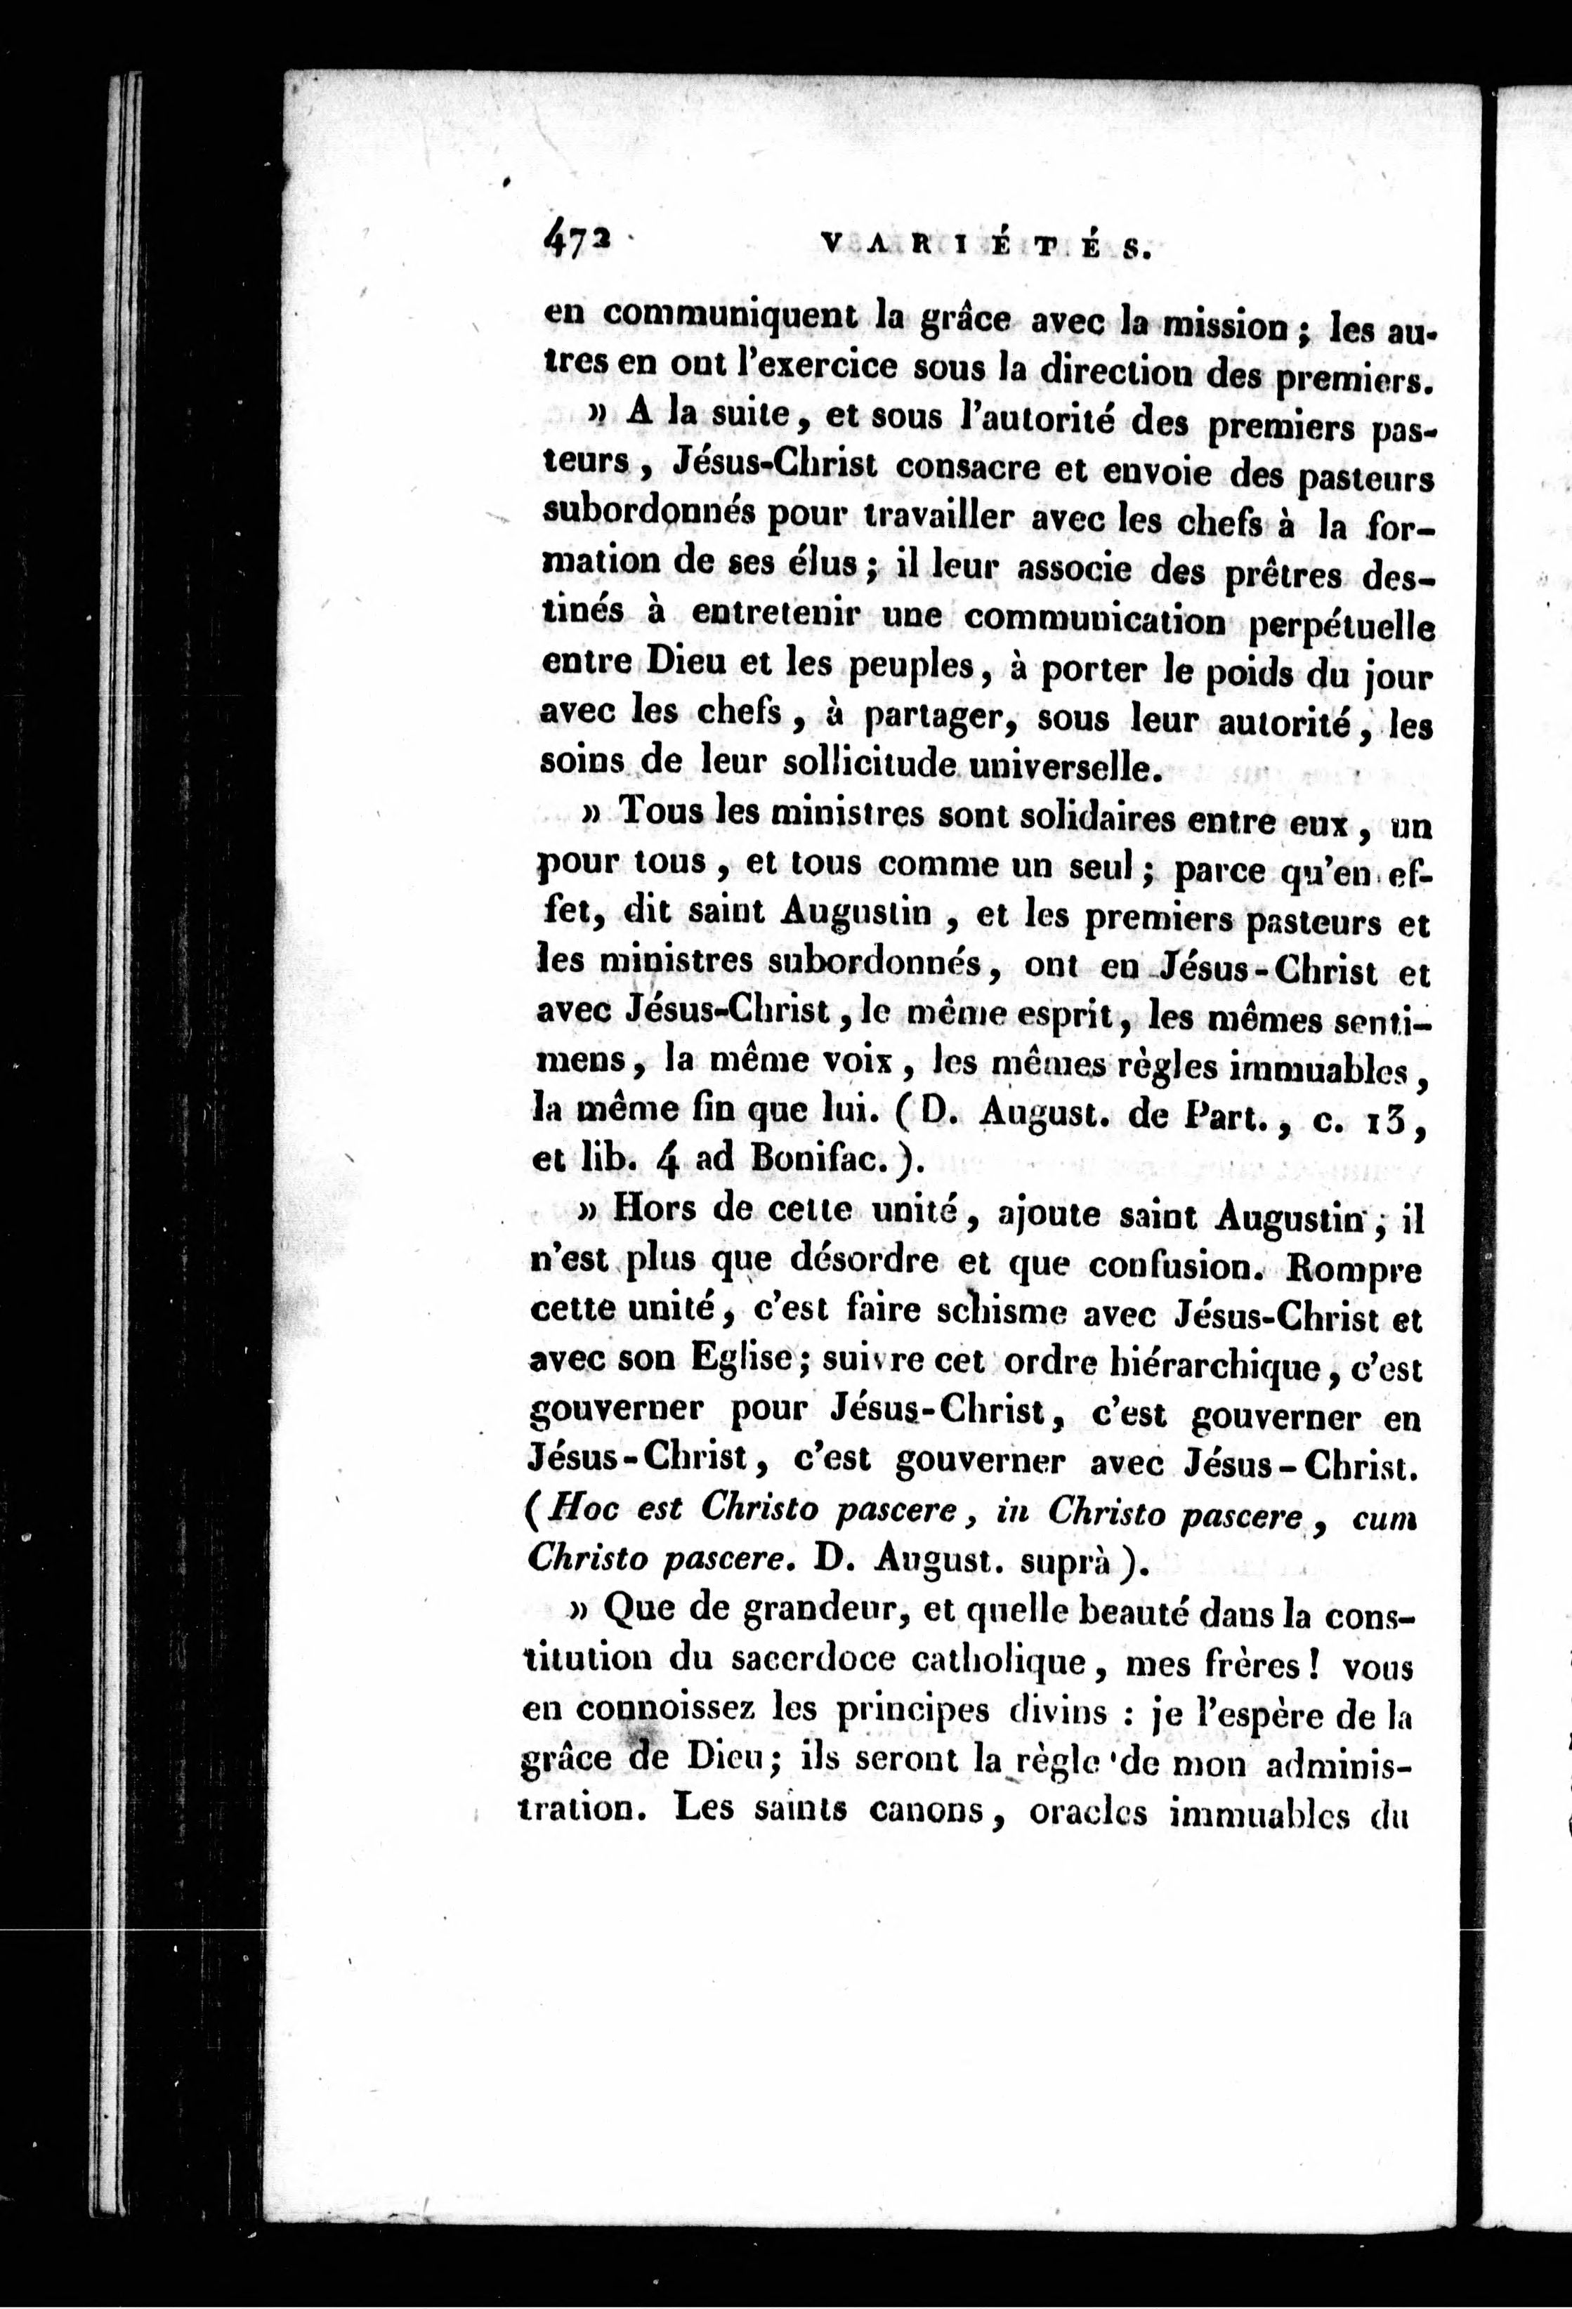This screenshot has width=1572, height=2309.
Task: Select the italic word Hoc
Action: click(x=587, y=1510)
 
